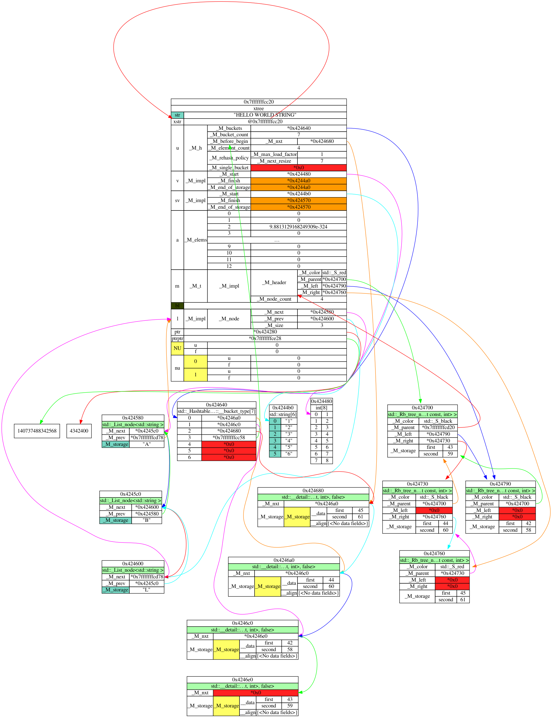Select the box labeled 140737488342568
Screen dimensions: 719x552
click(x=37, y=431)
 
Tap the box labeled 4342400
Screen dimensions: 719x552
click(x=79, y=431)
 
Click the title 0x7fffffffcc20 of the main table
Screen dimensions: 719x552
click(x=259, y=102)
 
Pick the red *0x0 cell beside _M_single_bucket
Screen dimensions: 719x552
click(x=298, y=168)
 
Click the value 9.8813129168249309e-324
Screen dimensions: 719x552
click(x=298, y=227)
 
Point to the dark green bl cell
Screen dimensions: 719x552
click(x=177, y=306)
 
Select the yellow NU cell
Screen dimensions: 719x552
click(x=177, y=348)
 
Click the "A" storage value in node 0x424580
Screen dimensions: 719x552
click(x=146, y=444)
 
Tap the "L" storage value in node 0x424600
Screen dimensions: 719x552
click(x=146, y=590)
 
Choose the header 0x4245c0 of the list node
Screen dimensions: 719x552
click(x=130, y=494)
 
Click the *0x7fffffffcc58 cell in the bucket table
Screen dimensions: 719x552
click(x=229, y=437)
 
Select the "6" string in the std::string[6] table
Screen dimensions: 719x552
click(x=289, y=454)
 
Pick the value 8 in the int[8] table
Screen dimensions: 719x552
click(x=327, y=460)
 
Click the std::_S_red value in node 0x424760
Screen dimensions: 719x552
click(x=452, y=567)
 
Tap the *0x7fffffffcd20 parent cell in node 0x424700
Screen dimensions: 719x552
click(x=438, y=428)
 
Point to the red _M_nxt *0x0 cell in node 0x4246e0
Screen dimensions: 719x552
click(x=256, y=693)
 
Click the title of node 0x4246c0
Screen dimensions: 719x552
click(x=242, y=623)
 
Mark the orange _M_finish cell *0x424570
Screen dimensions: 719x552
click(x=298, y=200)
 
